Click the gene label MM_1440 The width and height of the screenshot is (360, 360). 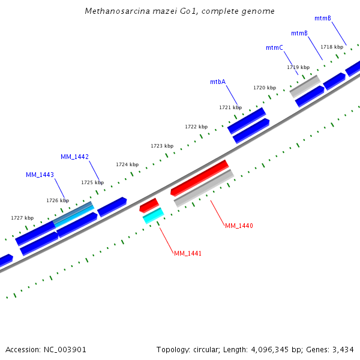coord(239,226)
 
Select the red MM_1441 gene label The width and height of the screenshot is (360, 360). coord(187,253)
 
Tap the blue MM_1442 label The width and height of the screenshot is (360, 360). coord(74,157)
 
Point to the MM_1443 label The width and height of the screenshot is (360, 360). coord(40,175)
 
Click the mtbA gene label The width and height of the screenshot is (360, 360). coord(218,82)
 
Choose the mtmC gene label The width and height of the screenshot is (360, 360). coord(274,47)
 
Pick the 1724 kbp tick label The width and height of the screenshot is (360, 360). coord(127,164)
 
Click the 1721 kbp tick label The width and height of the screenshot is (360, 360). coord(230,107)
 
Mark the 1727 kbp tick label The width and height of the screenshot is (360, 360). coord(22,218)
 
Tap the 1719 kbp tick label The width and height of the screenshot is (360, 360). coord(298,67)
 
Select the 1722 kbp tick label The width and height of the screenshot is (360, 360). coord(196,127)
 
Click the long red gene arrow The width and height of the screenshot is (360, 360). coord(200,178)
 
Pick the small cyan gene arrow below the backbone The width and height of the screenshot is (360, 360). coord(153,215)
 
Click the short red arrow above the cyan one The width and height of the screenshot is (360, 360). coord(149,205)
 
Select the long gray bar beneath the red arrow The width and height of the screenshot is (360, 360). coord(203,188)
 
